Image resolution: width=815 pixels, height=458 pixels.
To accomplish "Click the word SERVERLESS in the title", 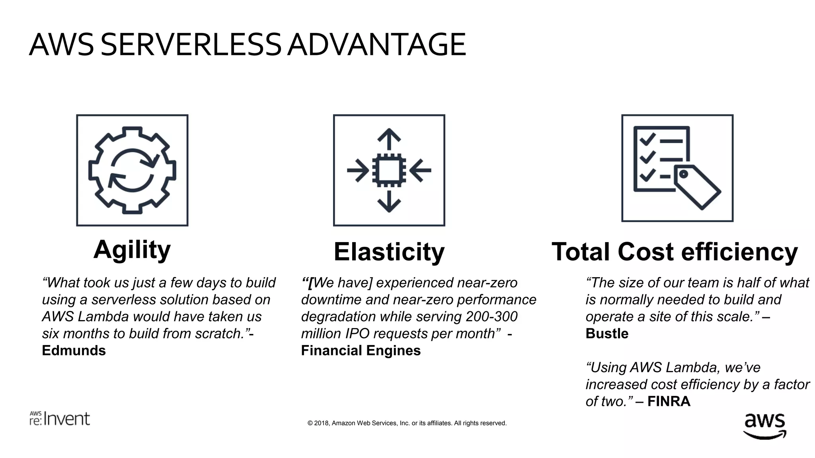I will click(191, 45).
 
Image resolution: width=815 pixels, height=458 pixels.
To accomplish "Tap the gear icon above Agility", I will click(132, 170).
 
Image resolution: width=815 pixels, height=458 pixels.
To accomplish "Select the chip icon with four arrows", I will click(389, 170).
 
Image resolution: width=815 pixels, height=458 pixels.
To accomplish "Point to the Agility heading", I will click(132, 250).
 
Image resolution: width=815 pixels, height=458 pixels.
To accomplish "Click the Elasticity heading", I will click(389, 252).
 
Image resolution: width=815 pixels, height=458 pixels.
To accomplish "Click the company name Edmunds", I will click(74, 351).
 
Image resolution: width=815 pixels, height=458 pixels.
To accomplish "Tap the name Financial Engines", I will click(361, 351).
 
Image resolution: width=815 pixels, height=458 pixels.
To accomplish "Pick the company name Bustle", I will click(607, 334).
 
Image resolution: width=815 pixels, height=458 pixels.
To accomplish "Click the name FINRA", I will click(669, 402).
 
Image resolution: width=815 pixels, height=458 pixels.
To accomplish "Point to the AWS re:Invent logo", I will click(60, 419).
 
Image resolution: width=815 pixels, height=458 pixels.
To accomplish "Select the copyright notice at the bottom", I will click(407, 423).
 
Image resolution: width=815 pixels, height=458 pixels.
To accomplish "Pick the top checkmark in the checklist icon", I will click(647, 139).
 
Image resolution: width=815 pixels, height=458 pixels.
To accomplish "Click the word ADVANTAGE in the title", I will click(376, 45).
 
